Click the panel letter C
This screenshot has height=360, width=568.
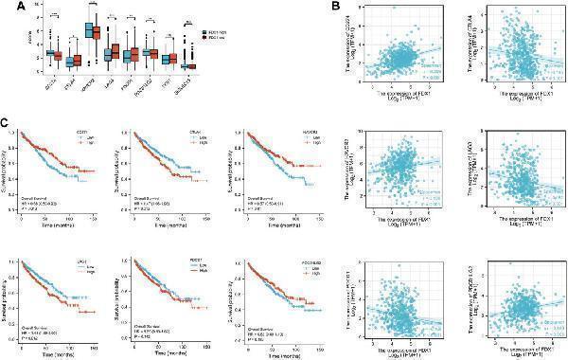[9, 122]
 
